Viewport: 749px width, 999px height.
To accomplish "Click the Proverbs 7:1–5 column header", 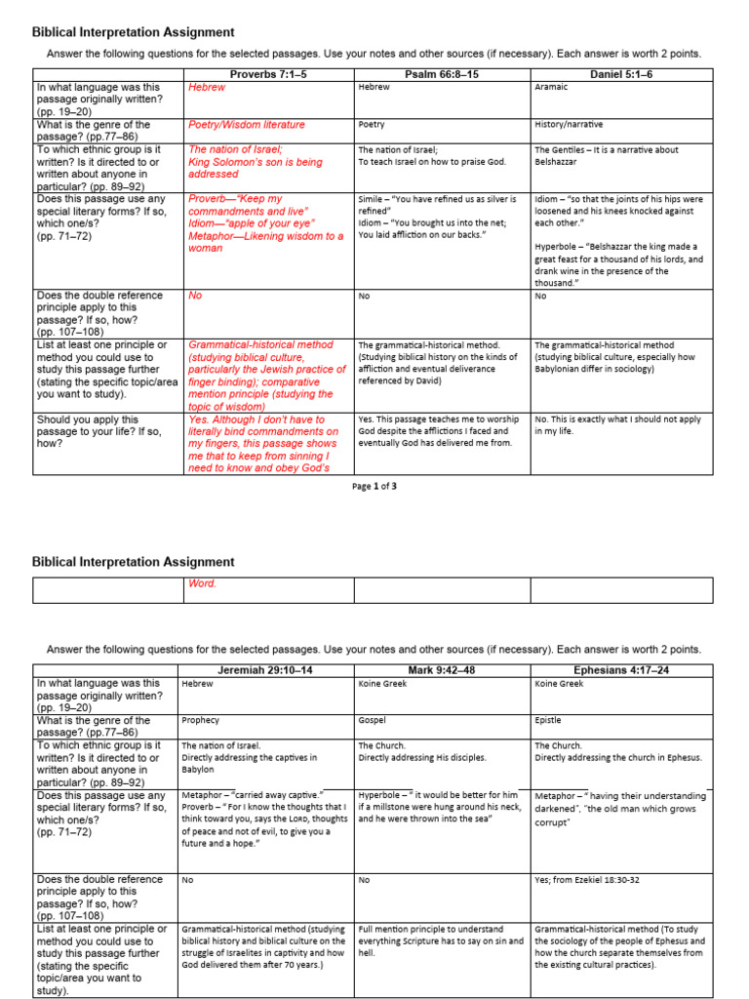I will coord(267,74).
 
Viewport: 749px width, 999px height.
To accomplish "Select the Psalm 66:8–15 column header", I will coord(442,74).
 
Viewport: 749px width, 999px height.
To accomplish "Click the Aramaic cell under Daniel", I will coord(551,87).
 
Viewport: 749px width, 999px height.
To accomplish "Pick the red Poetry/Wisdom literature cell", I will coord(246,125).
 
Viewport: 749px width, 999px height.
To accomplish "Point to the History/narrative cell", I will coord(569,125).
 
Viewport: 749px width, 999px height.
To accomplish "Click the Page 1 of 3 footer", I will coord(374,486).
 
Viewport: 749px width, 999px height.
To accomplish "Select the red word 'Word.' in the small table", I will coord(202,583).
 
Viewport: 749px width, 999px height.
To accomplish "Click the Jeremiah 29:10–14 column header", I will coord(265,670).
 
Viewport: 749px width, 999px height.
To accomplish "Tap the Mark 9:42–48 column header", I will coord(442,670).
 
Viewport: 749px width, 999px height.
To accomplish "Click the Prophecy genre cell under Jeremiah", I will coord(199,720).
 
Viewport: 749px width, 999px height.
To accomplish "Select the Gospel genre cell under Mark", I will coord(373,720).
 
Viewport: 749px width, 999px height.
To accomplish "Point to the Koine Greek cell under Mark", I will coord(382,684).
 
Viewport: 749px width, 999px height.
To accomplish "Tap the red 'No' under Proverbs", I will coord(195,296).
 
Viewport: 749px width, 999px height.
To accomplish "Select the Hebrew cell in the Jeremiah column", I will coord(198,684).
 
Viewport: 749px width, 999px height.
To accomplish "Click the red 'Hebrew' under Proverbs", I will coord(207,87).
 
